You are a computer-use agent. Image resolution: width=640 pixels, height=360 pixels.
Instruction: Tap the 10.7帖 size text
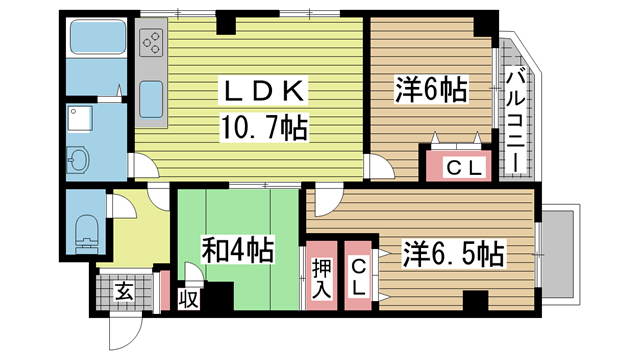(263, 128)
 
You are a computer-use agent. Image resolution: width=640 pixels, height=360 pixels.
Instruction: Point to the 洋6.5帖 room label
(452, 254)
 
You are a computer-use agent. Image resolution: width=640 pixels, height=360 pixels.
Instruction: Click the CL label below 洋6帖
(460, 167)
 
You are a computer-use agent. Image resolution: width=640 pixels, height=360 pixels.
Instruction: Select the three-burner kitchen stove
(155, 42)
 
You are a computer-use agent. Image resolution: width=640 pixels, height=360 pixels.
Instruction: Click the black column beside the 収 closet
(217, 297)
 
